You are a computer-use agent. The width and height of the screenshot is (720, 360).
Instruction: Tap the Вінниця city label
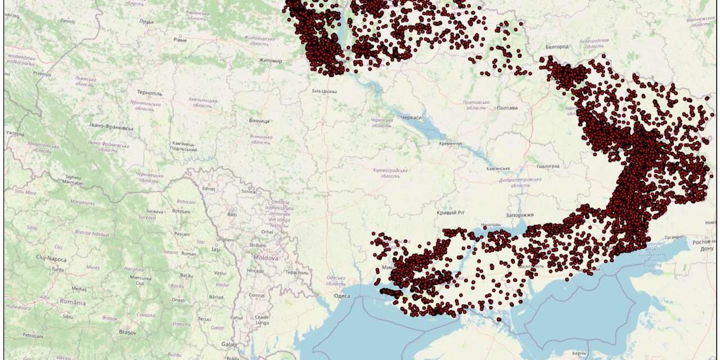[x=259, y=121]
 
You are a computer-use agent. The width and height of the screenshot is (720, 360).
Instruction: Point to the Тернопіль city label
[x=150, y=92]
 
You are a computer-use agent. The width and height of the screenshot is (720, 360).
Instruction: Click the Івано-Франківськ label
[x=111, y=128]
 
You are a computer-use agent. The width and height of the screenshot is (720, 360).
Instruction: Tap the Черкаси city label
[x=411, y=117]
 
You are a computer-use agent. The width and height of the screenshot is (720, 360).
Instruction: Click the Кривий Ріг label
[x=450, y=213]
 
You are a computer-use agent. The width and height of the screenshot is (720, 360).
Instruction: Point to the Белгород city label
[x=557, y=47]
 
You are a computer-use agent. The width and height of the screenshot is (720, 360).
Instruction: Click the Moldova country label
[x=266, y=258]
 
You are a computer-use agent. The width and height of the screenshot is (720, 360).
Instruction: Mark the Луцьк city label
[x=146, y=21]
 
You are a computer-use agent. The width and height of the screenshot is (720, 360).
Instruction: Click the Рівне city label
[x=180, y=40]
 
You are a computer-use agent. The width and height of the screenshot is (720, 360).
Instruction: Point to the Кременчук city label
[x=450, y=143]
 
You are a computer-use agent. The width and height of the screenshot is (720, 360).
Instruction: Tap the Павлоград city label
[x=548, y=166]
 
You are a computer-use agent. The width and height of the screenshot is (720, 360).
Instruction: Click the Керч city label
[x=579, y=353]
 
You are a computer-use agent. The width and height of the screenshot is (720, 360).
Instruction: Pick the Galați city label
[x=229, y=344]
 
